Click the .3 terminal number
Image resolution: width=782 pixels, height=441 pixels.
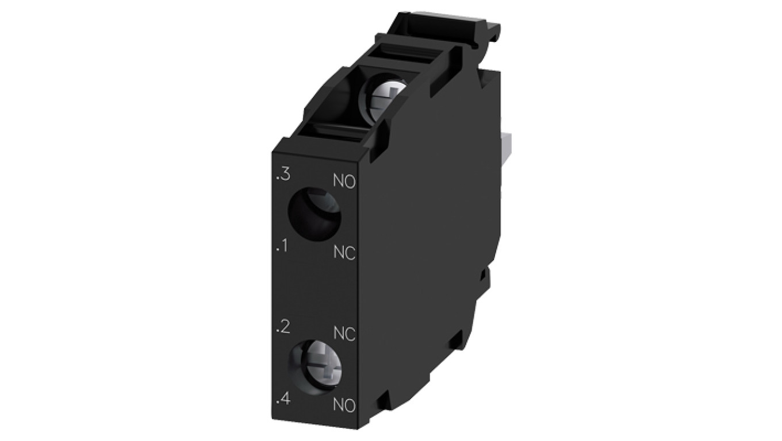tap(283, 175)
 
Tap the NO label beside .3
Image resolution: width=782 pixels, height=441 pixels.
tap(344, 181)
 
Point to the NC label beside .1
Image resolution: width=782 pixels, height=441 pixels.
tap(344, 253)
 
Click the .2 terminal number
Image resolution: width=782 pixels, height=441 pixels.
tap(283, 327)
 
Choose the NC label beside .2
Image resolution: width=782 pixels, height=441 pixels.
tap(344, 334)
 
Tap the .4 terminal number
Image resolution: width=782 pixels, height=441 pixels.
tap(283, 400)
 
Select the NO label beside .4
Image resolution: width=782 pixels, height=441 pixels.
tap(344, 405)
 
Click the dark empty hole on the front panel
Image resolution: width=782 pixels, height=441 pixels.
tap(313, 214)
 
